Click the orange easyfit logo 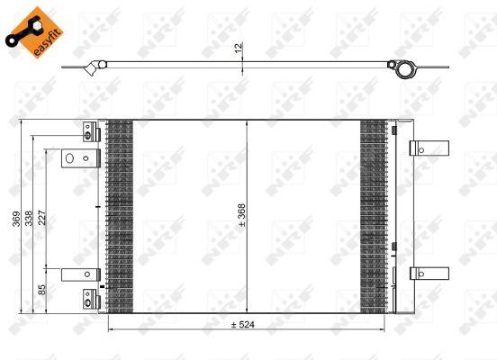[34, 32]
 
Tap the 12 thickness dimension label [239, 47]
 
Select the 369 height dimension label [16, 219]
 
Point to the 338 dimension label [29, 218]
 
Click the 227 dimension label [42, 218]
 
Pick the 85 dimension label [41, 290]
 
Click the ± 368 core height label [241, 215]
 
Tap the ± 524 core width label [243, 325]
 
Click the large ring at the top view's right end [405, 68]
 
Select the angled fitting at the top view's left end [92, 67]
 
